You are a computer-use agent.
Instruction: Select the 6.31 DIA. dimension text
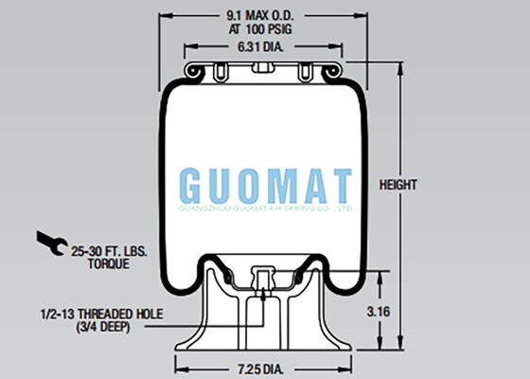click(x=258, y=47)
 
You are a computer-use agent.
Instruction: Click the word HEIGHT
click(x=398, y=184)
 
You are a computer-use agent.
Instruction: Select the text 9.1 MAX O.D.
click(x=258, y=15)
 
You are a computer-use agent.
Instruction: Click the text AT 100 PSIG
click(x=258, y=28)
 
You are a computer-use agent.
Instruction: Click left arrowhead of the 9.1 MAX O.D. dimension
click(x=162, y=15)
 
